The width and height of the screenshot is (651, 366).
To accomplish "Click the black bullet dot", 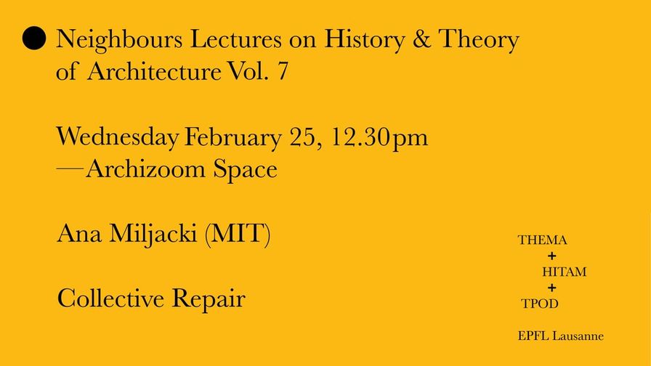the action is point(33,38).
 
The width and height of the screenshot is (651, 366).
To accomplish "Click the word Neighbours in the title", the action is point(119,40).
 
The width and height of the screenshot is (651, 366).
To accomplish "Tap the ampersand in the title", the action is point(421,38).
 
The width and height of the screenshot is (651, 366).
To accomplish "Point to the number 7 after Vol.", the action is point(283,71).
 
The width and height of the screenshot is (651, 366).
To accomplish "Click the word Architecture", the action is point(154,71).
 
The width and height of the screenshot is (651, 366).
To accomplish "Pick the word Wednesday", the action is point(118,137).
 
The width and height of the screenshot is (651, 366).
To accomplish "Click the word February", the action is point(233,137).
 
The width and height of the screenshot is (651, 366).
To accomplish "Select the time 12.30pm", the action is point(379,138).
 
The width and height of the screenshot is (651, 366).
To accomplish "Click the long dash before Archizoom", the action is point(70,169).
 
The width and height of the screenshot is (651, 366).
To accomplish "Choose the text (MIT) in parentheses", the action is point(238,234).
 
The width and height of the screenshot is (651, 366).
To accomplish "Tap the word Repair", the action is point(209,299).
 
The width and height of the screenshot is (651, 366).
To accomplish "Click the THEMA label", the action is point(542,240).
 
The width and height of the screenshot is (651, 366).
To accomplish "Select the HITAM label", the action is point(565,272).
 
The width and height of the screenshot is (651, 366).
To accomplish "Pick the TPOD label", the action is point(540,304).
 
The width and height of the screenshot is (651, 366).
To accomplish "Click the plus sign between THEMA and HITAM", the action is point(551,256).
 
